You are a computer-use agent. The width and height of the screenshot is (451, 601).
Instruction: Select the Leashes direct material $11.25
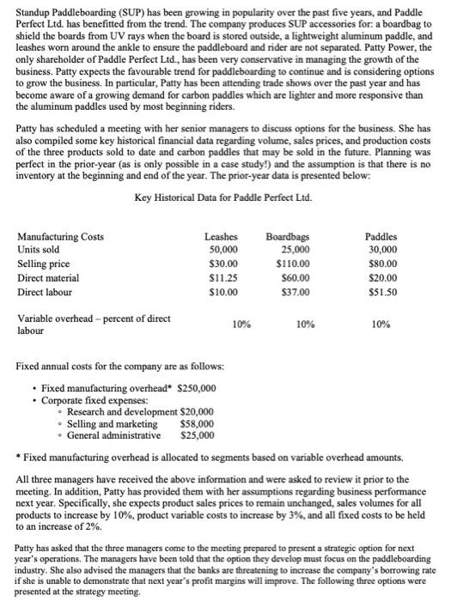coord(221,278)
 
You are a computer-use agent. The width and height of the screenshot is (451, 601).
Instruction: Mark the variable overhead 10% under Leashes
coord(241,325)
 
